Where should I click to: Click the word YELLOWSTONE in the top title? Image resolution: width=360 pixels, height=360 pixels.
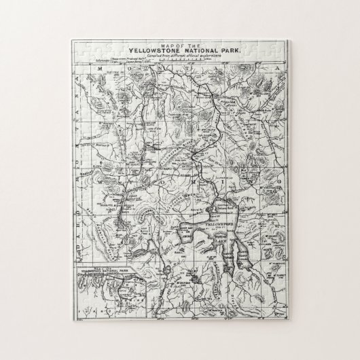[155, 50]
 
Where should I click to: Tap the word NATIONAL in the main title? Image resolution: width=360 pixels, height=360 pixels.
[198, 50]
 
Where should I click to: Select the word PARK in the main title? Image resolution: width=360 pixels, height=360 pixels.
[228, 50]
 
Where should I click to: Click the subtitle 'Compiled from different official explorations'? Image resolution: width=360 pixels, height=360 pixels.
[179, 55]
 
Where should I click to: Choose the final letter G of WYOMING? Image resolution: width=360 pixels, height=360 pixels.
[276, 184]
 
